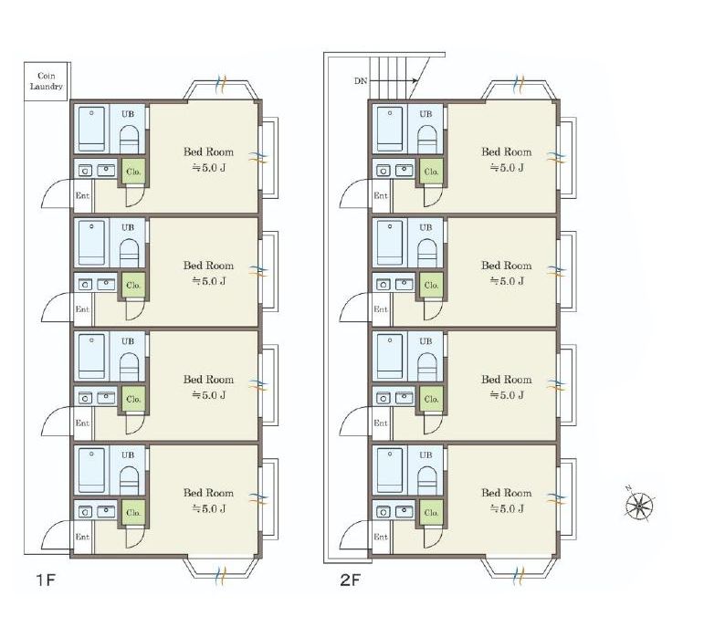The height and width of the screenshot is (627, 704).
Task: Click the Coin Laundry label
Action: pos(47,81)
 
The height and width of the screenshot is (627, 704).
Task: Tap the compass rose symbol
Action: pos(639,506)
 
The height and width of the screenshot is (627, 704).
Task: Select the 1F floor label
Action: pos(46,580)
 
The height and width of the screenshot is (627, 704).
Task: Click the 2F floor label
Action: pos(351,580)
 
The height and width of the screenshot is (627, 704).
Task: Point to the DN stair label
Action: pos(361,81)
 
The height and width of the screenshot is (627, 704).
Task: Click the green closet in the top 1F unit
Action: pos(133,172)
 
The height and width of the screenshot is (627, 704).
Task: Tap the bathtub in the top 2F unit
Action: pos(390,129)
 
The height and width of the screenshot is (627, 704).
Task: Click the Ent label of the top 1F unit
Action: pos(82,195)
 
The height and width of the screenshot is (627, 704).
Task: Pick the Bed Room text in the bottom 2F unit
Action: pos(507,493)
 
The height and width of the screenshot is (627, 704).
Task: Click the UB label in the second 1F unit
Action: pos(128,227)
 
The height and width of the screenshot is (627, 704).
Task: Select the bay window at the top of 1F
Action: pos(221,89)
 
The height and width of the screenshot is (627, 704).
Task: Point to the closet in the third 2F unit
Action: pos(432,399)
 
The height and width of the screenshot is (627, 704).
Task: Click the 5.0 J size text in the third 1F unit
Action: pos(209,395)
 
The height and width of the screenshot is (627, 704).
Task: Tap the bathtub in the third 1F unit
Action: pos(91,356)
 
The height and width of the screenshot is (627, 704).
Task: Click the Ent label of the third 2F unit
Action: pos(381,423)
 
